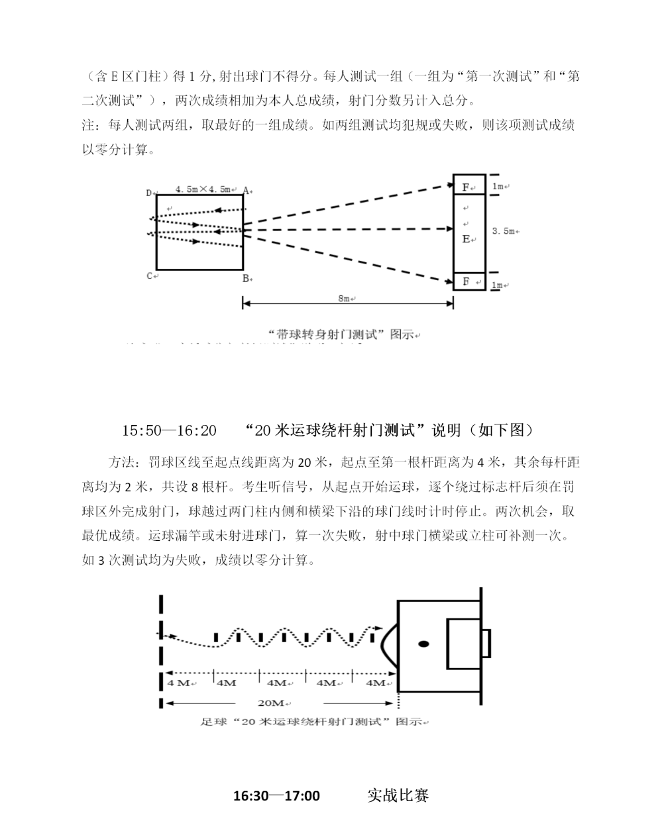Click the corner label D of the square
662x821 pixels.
(149, 193)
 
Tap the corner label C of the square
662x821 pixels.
(150, 275)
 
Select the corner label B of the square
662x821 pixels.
(245, 279)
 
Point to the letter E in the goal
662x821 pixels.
(466, 238)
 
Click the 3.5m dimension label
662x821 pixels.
(504, 231)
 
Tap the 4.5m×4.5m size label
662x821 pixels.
(202, 189)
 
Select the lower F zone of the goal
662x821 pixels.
(467, 281)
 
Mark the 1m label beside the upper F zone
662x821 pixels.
(498, 186)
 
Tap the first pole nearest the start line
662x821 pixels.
(216, 638)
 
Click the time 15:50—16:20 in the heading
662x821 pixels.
(169, 430)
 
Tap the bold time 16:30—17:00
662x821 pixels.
(276, 795)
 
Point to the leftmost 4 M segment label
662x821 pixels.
(179, 683)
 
